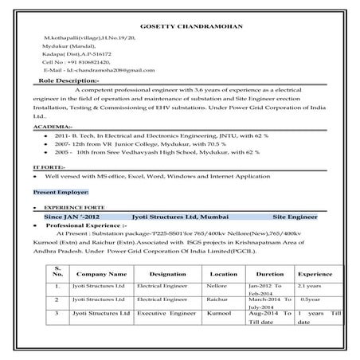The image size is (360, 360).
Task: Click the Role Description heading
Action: point(68,80)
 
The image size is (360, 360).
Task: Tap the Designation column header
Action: point(166,272)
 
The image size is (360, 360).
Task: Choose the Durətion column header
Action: point(270,272)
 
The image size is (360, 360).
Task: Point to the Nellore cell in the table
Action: point(217,284)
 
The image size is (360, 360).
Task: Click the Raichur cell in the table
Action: point(217,299)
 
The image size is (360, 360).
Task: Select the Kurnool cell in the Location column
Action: point(220,315)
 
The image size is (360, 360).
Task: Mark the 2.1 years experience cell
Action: point(309,284)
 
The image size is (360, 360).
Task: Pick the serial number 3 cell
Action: point(57,315)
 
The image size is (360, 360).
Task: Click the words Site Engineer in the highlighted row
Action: point(294,216)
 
